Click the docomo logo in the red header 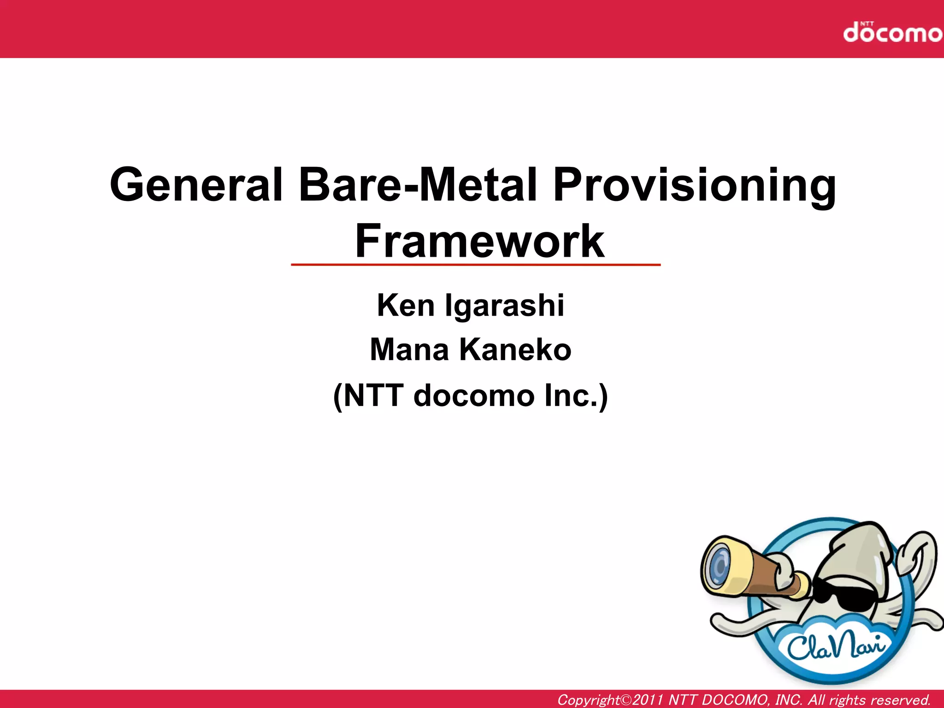click(892, 33)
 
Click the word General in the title click(196, 185)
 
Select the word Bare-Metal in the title click(418, 185)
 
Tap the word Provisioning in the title click(694, 185)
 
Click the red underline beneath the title click(476, 265)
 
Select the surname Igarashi click(504, 305)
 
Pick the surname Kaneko click(515, 350)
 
